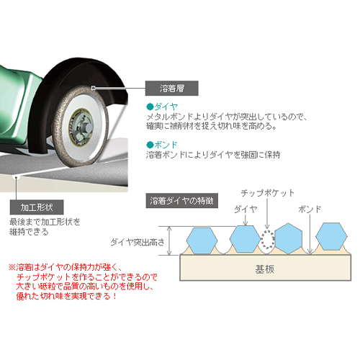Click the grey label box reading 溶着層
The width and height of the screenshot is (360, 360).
[x=172, y=89]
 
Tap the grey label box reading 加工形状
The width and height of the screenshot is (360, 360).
[x=37, y=207]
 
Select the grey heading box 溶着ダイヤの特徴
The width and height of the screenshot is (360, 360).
[x=182, y=200]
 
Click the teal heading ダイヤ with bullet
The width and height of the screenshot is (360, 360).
[x=162, y=107]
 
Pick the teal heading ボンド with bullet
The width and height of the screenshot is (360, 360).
[x=162, y=145]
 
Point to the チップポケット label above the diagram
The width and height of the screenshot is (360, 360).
[x=268, y=193]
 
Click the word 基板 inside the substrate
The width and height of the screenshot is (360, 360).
[x=265, y=269]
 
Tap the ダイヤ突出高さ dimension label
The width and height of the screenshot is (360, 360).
[x=138, y=242]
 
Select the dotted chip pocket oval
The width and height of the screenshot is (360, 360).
[x=267, y=240]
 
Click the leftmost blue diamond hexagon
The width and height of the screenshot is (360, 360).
[x=202, y=240]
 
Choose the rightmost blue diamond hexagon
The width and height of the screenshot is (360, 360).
[x=331, y=236]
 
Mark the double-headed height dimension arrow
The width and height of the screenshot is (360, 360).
[x=169, y=240]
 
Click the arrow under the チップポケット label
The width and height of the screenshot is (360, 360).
[x=267, y=214]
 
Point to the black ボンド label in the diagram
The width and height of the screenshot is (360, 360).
[x=310, y=210]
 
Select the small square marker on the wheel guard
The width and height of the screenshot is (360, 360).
[x=94, y=88]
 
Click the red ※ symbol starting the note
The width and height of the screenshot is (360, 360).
[x=12, y=267]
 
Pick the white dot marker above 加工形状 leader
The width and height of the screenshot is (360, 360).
[x=16, y=178]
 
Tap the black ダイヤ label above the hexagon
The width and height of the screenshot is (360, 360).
[x=246, y=210]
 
